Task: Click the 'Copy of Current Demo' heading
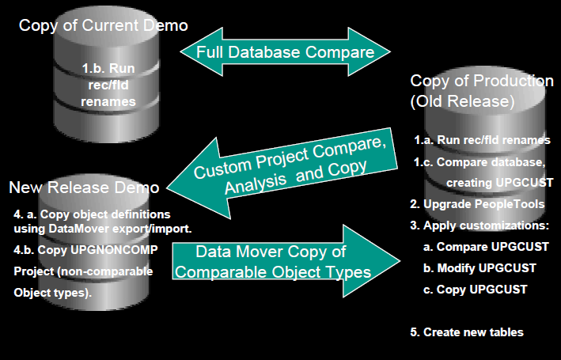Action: (x=103, y=25)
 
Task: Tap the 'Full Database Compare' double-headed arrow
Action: (x=284, y=52)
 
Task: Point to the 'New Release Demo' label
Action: (x=85, y=188)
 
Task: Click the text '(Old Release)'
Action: (x=462, y=102)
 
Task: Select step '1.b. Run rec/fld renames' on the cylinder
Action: (x=109, y=85)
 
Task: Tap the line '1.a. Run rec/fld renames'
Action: (x=482, y=140)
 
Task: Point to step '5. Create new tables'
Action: (x=467, y=332)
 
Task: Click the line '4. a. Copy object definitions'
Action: (x=93, y=214)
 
